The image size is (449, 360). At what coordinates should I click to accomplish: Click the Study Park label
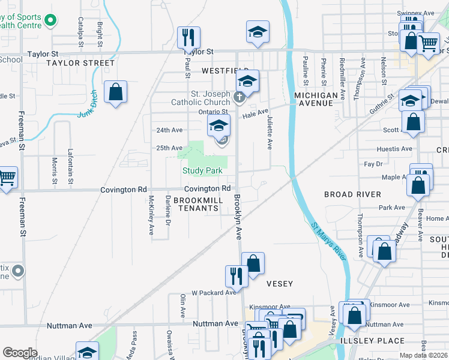click(202, 171)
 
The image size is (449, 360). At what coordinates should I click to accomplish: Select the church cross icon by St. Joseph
click(239, 97)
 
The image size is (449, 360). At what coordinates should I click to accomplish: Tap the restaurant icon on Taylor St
click(188, 38)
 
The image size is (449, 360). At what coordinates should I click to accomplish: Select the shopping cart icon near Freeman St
click(7, 178)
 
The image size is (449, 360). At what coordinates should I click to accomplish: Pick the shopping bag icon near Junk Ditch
click(115, 92)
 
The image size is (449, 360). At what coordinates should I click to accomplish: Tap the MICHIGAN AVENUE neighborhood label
click(316, 99)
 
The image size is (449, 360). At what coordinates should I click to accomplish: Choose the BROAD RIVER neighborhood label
click(352, 194)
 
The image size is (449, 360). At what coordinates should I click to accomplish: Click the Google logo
click(20, 352)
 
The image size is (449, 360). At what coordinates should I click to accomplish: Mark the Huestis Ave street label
click(394, 149)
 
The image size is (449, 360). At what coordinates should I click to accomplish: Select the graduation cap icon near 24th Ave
click(219, 126)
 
